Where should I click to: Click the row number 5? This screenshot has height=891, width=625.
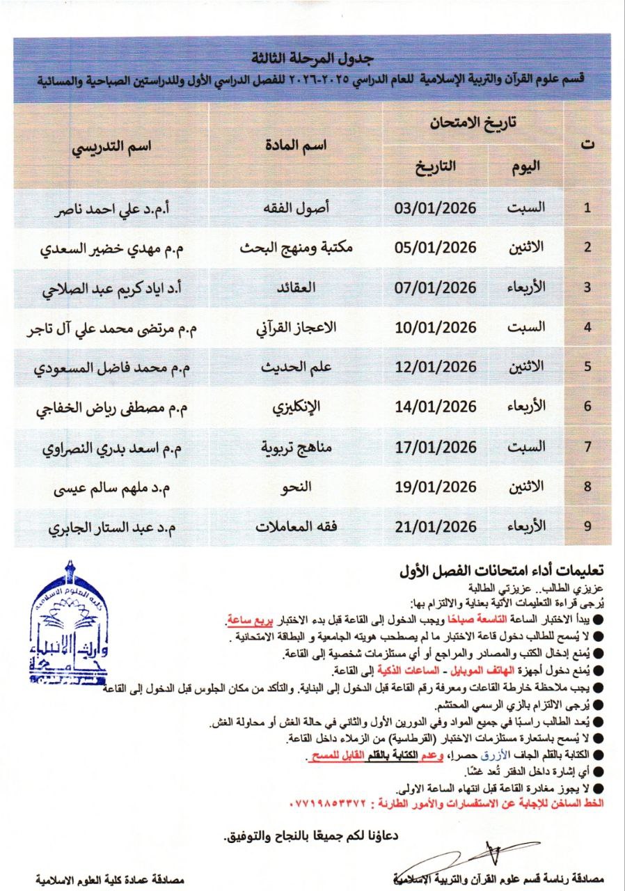[587, 367]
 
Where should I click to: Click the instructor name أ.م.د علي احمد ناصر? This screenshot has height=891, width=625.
[116, 208]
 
